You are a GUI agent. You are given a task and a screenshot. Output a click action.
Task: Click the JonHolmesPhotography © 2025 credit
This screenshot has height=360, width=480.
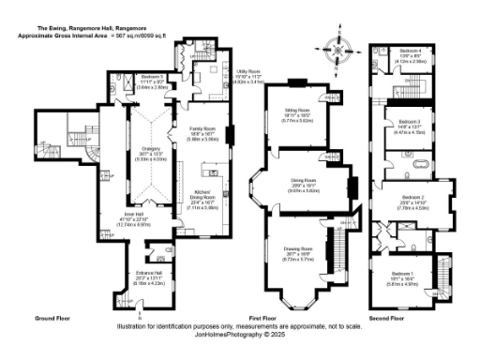(239, 333)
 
